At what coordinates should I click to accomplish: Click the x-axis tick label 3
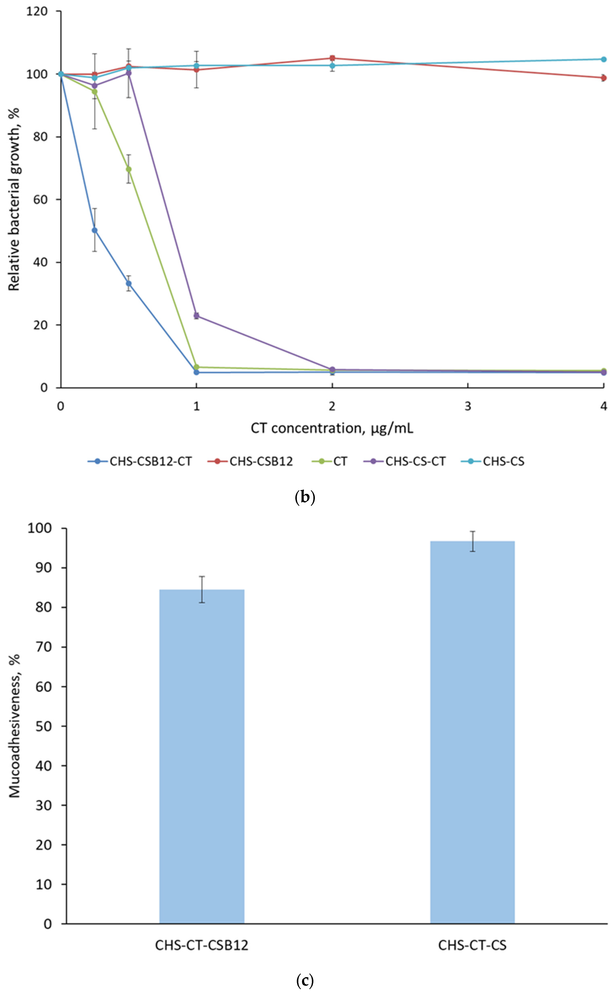click(x=468, y=406)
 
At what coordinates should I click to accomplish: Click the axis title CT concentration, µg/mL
click(x=332, y=428)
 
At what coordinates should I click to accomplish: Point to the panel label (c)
click(x=305, y=980)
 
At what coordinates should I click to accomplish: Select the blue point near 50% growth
click(x=95, y=230)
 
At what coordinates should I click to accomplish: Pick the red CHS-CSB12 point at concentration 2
click(x=332, y=58)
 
